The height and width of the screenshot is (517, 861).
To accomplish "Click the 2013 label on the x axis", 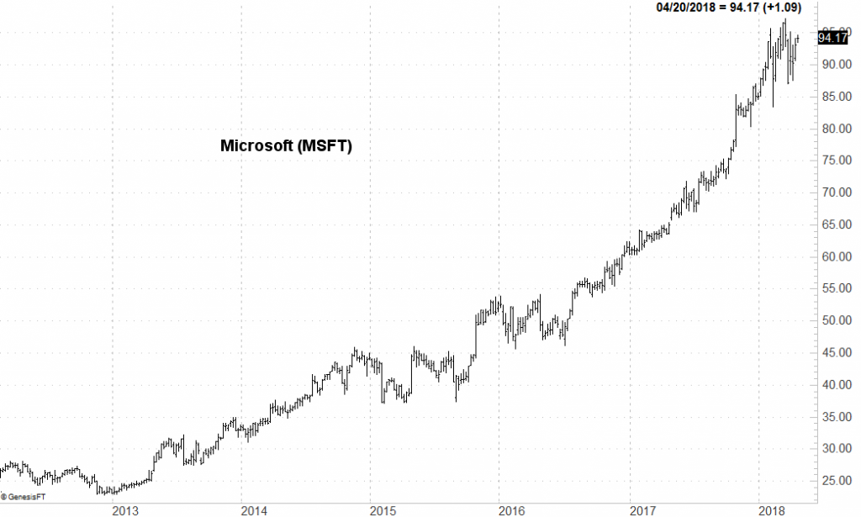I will click(124, 510).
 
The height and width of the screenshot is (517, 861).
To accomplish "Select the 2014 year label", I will click(253, 510).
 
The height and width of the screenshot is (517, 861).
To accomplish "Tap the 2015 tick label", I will click(383, 510).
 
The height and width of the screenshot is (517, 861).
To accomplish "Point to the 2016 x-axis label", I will click(512, 510).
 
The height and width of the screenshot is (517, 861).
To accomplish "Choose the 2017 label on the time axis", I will click(642, 510).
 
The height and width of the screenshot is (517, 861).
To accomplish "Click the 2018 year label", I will click(771, 510).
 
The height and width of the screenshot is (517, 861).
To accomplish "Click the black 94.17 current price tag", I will click(832, 37).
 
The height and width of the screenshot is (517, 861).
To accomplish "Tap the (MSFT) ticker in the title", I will click(323, 145).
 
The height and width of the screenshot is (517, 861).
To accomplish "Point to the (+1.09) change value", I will click(780, 8).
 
